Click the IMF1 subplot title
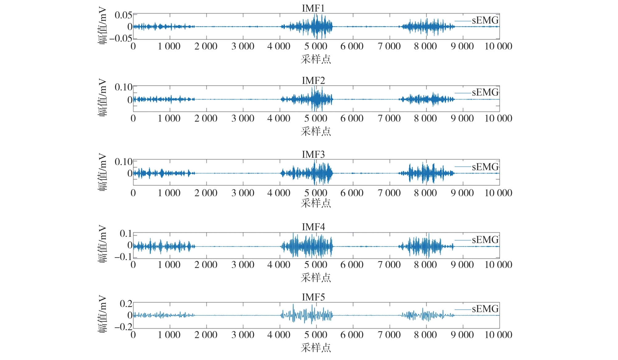click(313, 8)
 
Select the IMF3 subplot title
click(313, 154)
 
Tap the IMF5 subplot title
click(313, 297)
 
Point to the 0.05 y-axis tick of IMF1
click(123, 15)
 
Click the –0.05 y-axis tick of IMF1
click(121, 38)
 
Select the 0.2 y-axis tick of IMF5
click(126, 304)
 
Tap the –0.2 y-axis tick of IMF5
click(123, 327)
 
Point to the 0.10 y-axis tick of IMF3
click(123, 162)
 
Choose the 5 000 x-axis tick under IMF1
click(315, 47)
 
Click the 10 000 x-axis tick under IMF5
click(498, 335)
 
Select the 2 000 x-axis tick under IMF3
click(206, 193)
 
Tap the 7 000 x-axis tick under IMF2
click(389, 119)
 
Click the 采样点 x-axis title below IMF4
click(316, 278)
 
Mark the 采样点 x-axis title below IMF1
click(316, 59)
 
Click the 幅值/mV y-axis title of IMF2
click(103, 97)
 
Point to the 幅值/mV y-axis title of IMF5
click(103, 314)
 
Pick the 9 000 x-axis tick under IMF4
click(462, 265)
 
